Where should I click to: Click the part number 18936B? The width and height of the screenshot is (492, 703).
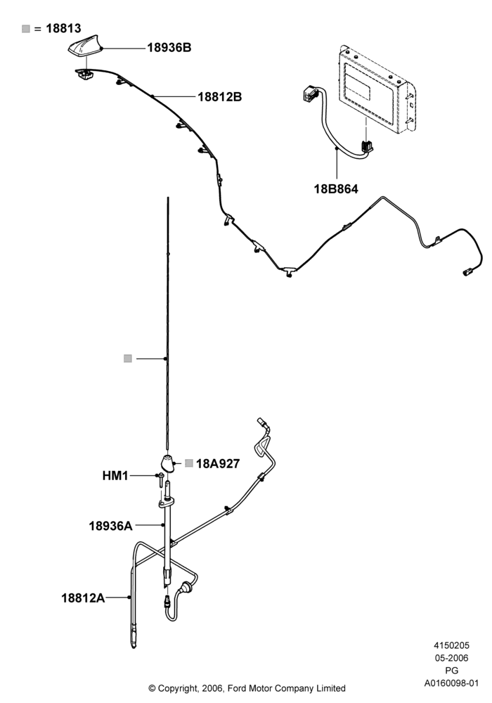click(169, 48)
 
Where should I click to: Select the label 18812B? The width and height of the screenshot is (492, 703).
click(219, 96)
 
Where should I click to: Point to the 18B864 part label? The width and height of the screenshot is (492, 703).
click(336, 188)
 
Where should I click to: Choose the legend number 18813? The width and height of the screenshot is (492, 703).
click(63, 28)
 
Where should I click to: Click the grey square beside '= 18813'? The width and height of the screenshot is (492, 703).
click(26, 29)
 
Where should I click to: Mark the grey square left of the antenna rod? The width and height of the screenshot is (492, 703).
click(128, 359)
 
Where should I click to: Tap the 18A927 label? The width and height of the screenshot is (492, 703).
click(218, 463)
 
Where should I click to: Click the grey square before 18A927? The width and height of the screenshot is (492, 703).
click(189, 463)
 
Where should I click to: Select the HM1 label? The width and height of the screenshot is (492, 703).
click(115, 476)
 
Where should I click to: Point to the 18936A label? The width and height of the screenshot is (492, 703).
click(110, 525)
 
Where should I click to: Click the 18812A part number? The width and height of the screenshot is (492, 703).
click(83, 598)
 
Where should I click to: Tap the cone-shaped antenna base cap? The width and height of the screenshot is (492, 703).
click(168, 463)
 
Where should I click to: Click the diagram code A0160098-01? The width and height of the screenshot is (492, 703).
click(451, 683)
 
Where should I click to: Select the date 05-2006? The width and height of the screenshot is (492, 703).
click(451, 658)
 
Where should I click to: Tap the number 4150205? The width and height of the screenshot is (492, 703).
click(451, 645)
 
